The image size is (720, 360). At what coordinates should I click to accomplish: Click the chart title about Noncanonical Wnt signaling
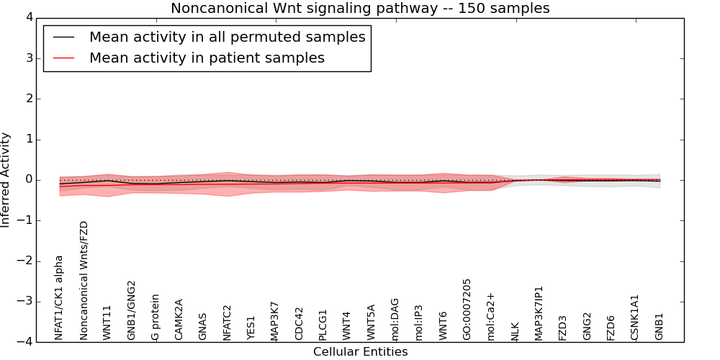pos(360,9)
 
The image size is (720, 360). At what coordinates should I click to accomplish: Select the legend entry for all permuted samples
pos(227,37)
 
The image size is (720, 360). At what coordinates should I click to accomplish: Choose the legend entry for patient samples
pos(207,58)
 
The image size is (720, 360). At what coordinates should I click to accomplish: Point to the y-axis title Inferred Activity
pos(6,179)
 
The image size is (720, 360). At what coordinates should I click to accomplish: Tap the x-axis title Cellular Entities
pos(360,351)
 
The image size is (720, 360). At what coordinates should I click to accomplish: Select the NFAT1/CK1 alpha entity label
pos(60,297)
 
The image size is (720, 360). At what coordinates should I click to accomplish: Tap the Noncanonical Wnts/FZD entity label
pos(84,280)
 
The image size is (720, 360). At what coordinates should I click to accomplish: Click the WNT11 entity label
pos(107,322)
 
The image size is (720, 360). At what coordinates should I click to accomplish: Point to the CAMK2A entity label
pos(179,319)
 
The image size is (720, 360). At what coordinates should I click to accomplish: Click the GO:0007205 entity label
pos(467,309)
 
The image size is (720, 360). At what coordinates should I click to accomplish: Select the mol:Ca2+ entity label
pos(491,316)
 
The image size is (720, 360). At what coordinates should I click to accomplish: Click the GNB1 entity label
pos(659,326)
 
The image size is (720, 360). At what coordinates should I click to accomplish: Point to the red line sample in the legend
pos(63,58)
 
